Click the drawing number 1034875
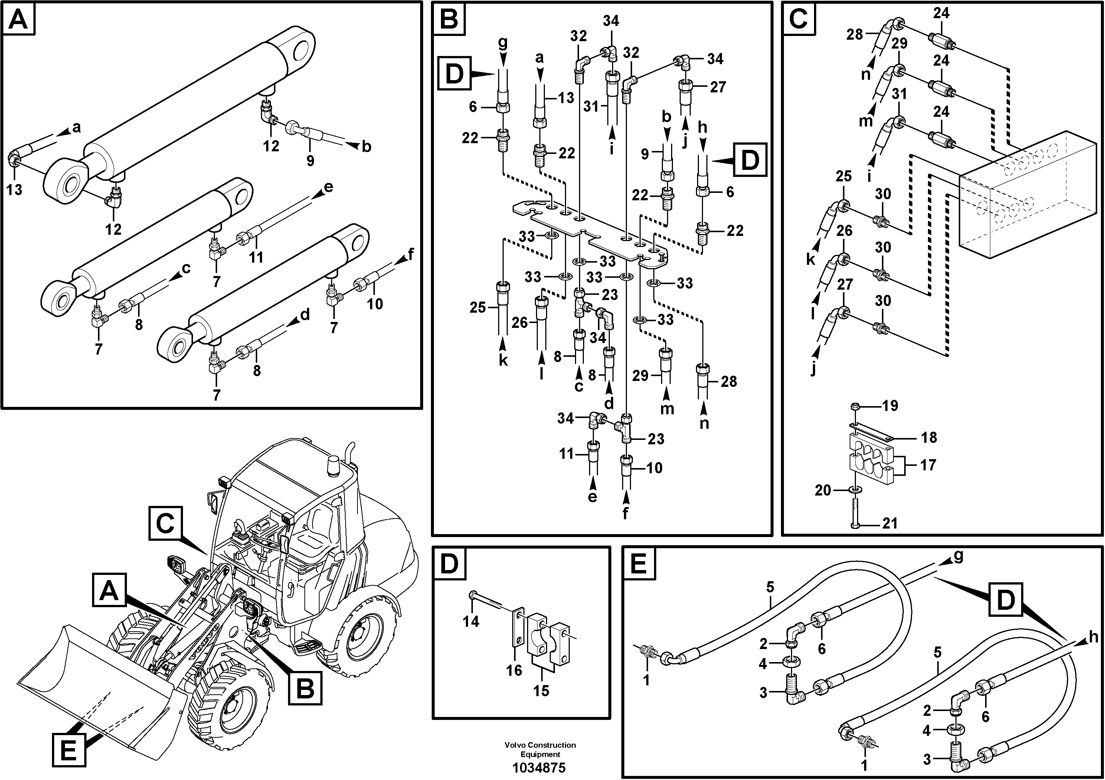point(539,767)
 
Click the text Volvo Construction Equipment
point(540,750)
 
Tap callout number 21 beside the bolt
point(889,523)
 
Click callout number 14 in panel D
point(471,622)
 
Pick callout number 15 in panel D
point(541,691)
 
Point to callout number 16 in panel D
point(514,670)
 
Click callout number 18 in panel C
point(928,437)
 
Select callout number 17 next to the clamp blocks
point(928,465)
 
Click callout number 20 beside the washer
point(823,490)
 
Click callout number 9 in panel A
point(310,160)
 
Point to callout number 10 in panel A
point(375,303)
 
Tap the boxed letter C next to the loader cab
point(165,524)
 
